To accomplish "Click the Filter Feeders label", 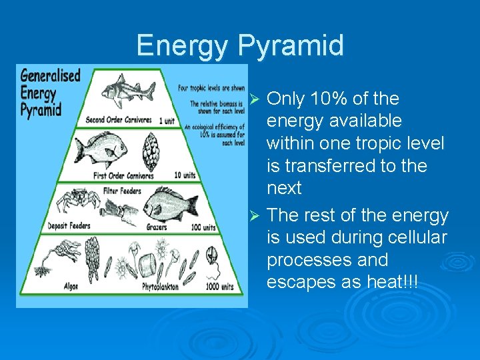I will tap(122, 191).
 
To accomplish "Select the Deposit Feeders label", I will tap(69, 227).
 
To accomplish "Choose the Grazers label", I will tap(156, 227).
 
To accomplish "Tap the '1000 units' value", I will tap(219, 287).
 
